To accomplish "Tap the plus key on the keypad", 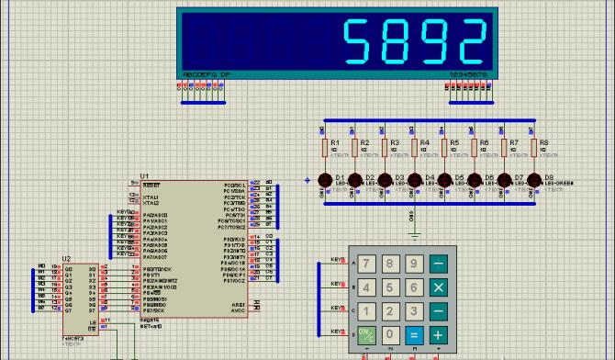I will click(438, 335).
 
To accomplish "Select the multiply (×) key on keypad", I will click(438, 288).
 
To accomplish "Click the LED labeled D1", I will click(325, 180).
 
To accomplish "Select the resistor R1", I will click(325, 147).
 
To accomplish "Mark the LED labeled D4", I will click(415, 180).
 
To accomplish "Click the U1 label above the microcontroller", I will click(144, 175).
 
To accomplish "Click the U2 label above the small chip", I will click(66, 259).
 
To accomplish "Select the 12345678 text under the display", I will click(466, 73).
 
